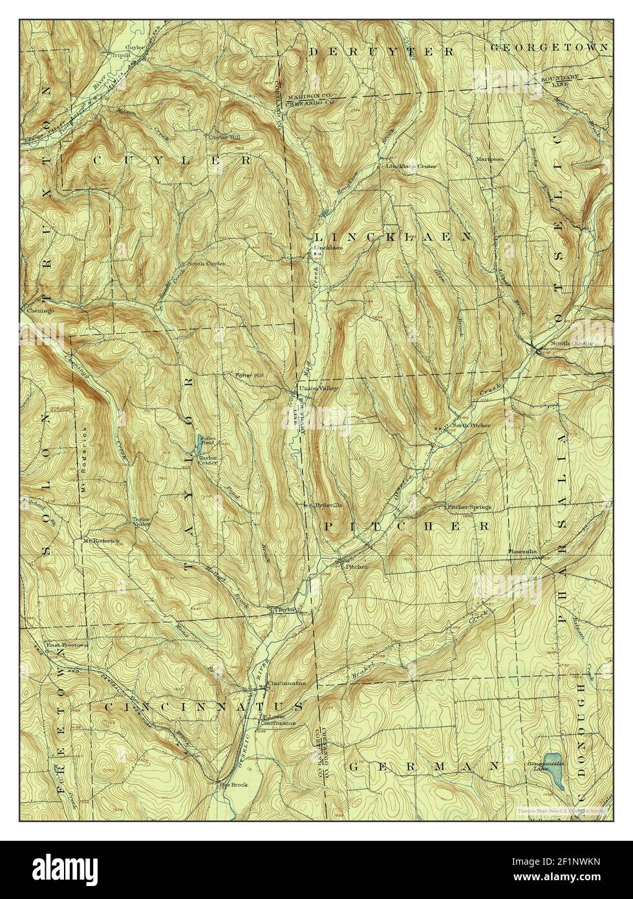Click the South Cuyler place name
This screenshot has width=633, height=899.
[x=206, y=265]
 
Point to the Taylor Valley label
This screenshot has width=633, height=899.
[x=142, y=522]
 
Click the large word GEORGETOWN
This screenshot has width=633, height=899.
[x=548, y=48]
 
